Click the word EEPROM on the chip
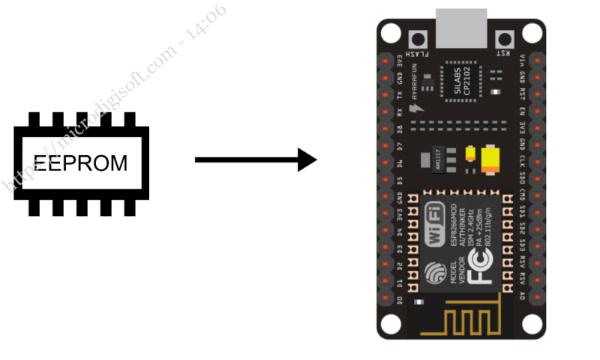pos(80,162)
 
